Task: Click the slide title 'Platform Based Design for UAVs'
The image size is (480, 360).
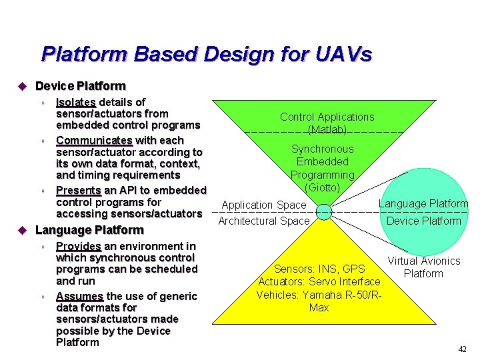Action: click(x=206, y=54)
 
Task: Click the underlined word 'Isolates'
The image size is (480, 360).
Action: click(x=77, y=102)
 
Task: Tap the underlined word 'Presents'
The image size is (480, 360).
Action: click(x=79, y=190)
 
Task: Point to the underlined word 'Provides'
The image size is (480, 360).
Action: click(x=78, y=246)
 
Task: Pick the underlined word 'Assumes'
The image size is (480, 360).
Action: click(x=79, y=296)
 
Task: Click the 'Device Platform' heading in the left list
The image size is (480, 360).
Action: click(x=80, y=86)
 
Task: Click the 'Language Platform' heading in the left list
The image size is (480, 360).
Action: click(x=89, y=230)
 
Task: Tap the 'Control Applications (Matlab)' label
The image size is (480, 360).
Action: click(x=327, y=123)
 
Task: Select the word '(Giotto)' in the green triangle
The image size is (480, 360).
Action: click(x=323, y=187)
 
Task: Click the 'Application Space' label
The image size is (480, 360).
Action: click(x=264, y=205)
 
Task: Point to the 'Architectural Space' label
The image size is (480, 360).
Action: click(x=264, y=221)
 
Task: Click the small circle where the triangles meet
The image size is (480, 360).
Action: click(x=323, y=212)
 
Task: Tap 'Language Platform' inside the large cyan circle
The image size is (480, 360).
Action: click(x=423, y=204)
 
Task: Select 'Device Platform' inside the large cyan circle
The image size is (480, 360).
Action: click(x=423, y=221)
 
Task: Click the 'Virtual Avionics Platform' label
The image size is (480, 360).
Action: click(x=424, y=267)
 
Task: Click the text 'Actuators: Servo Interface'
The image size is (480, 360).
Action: click(x=319, y=282)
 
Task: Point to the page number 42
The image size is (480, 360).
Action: click(x=462, y=349)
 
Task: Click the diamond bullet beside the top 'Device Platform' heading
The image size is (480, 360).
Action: click(x=21, y=86)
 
